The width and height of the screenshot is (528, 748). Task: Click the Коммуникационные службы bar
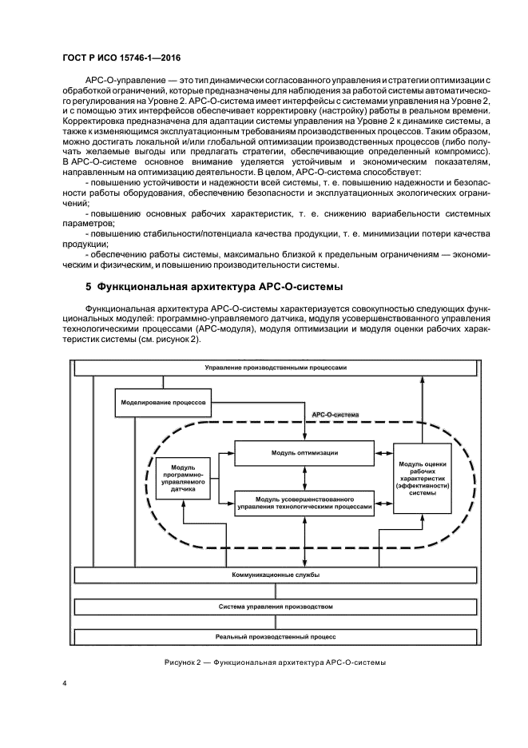click(275, 575)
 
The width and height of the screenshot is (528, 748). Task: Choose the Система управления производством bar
click(275, 607)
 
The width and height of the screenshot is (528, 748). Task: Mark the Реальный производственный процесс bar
click(275, 637)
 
